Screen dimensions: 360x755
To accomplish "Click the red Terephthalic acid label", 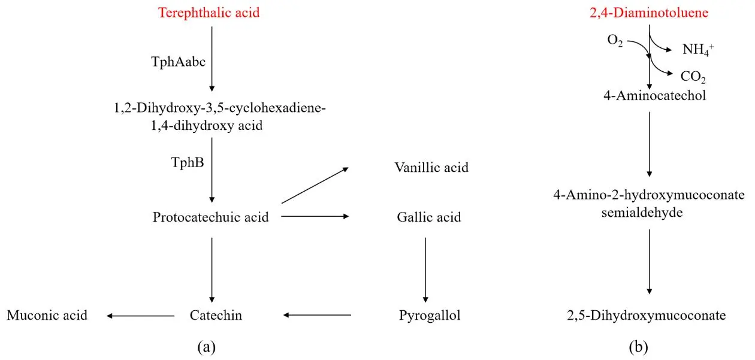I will (x=209, y=12).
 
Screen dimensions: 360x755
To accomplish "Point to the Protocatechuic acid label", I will (x=210, y=217).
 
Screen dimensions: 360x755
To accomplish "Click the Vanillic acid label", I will (x=431, y=167).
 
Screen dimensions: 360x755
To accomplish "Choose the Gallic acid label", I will (x=429, y=217).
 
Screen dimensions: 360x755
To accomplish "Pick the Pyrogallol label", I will (x=430, y=315).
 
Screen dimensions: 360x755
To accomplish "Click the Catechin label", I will (x=216, y=315).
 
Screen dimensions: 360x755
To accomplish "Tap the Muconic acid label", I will (x=47, y=315).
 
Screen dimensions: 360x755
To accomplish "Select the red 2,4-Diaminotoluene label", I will (x=650, y=12).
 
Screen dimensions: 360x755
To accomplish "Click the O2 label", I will (x=615, y=42).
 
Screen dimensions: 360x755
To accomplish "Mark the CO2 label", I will (x=693, y=77).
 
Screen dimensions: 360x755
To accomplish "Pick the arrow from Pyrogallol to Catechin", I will (x=317, y=315).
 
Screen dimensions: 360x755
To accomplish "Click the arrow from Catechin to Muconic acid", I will (x=141, y=315).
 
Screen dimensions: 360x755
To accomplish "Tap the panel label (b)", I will (x=638, y=346).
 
